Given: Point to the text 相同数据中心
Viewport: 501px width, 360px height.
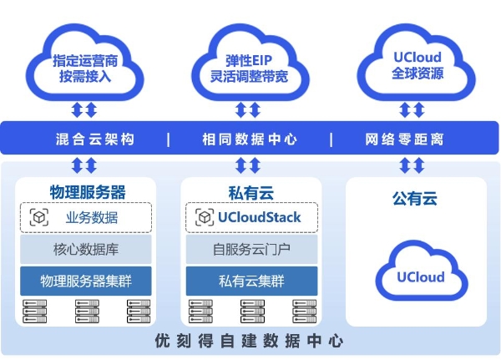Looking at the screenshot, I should tap(249, 139).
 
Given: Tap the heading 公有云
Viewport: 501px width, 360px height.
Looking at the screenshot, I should tap(415, 200).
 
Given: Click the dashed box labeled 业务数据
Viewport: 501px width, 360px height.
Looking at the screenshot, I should tap(86, 218).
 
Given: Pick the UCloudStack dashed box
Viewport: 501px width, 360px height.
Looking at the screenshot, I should tap(249, 218).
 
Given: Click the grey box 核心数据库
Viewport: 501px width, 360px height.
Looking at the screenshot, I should tap(86, 249).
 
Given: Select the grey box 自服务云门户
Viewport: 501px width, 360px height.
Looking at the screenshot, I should tap(249, 249).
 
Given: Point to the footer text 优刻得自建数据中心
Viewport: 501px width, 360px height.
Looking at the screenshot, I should tap(249, 342).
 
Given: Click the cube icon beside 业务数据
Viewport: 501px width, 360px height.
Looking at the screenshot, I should tap(39, 218).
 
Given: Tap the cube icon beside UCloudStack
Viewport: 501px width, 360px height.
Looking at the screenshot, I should tap(205, 218).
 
